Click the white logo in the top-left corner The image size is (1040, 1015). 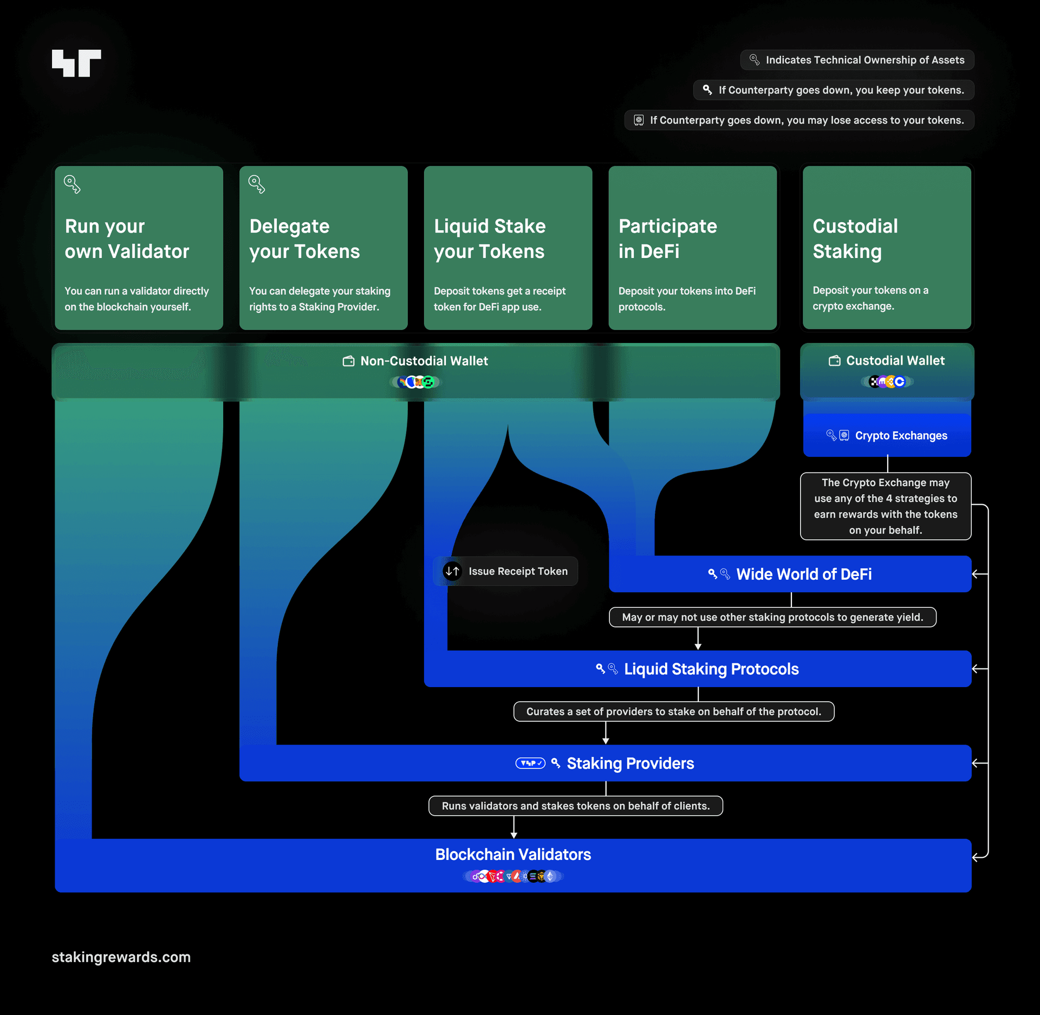76,63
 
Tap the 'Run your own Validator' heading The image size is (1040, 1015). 127,238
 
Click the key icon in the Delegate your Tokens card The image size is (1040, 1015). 257,184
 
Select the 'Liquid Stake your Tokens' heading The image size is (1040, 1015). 490,238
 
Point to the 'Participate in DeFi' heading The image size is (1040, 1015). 667,238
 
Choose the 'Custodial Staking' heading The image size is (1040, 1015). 855,238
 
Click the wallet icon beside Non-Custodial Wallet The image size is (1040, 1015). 348,361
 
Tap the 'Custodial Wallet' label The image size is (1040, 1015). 895,360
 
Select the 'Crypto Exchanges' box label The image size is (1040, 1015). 901,436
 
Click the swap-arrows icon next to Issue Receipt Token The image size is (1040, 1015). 452,571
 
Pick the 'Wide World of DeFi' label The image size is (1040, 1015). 804,574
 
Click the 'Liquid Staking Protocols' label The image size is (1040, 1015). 711,669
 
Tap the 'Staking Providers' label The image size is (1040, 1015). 630,763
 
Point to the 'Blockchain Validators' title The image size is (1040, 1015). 513,854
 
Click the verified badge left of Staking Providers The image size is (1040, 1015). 530,763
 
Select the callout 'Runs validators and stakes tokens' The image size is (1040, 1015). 576,806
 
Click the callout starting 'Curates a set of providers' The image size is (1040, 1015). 674,712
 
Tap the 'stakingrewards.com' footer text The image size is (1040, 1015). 121,957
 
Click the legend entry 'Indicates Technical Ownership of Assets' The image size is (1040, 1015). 857,60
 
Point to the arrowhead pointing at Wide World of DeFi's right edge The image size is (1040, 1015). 976,574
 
